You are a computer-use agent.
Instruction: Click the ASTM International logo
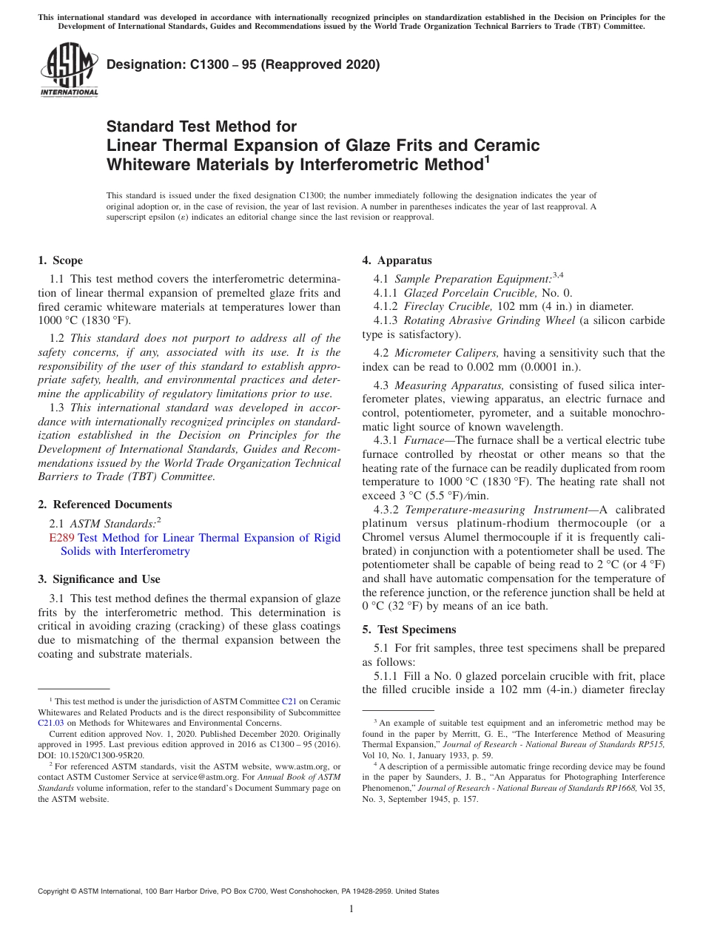click(68, 70)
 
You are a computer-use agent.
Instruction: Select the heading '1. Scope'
click(60, 260)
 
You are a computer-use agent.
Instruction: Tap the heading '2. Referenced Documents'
click(104, 505)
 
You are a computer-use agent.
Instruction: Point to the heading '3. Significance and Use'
click(98, 579)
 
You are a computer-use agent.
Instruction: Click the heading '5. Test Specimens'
click(408, 630)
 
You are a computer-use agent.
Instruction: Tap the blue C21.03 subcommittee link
click(52, 723)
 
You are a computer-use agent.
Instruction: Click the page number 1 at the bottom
click(351, 908)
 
